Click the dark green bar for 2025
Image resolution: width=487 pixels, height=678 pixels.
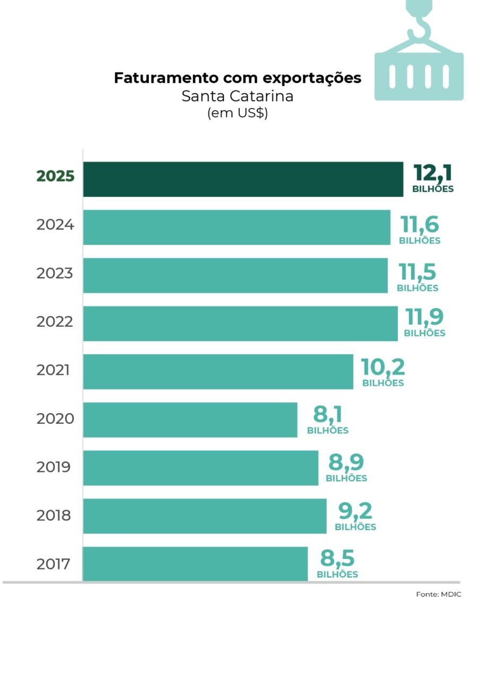(243, 179)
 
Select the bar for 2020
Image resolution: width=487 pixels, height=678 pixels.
(190, 420)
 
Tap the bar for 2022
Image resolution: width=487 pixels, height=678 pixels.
(240, 323)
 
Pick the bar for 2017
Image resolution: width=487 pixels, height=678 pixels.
(195, 564)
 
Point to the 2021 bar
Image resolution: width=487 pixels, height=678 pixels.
(218, 371)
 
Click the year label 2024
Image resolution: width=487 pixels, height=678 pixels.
(55, 225)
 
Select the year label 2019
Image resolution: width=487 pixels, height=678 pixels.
(54, 467)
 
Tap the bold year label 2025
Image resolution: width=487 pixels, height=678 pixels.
(55, 176)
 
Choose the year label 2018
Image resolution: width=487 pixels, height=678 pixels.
(54, 515)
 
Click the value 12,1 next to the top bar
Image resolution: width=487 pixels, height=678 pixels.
(433, 173)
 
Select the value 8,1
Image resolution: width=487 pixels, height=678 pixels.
(327, 414)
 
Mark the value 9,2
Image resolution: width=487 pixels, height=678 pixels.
(355, 511)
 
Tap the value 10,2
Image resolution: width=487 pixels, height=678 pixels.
(382, 367)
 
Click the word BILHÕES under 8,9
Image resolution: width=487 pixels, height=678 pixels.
(346, 478)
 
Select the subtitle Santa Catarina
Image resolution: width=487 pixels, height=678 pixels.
(237, 96)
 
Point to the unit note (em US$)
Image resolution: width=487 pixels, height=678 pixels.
(237, 113)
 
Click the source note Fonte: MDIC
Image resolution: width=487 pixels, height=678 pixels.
(438, 594)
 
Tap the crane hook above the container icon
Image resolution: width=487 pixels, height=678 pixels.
(418, 24)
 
